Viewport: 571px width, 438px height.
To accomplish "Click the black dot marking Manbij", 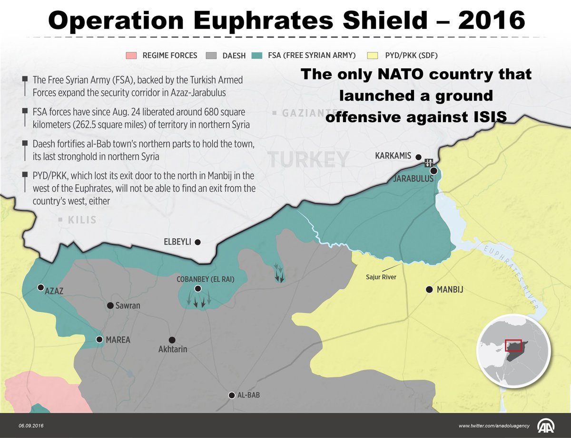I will click(x=429, y=289).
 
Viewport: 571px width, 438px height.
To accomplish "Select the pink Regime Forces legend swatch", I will click(x=132, y=56).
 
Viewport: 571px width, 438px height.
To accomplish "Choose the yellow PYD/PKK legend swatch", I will click(x=373, y=56).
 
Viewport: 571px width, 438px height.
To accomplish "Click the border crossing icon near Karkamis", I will click(x=428, y=162).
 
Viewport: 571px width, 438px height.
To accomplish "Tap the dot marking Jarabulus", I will click(x=433, y=171).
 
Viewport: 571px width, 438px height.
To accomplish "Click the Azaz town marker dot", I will click(x=41, y=287).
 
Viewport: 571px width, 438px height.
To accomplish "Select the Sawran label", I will click(x=128, y=305).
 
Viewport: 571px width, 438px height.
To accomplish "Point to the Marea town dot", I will click(x=99, y=339).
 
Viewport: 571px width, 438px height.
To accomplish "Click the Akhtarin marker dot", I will click(x=172, y=340).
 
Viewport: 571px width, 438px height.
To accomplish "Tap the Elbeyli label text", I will click(x=177, y=242).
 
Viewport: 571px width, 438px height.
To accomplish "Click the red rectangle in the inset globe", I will click(x=513, y=345).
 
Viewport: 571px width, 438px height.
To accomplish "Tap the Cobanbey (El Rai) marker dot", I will click(x=198, y=288).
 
